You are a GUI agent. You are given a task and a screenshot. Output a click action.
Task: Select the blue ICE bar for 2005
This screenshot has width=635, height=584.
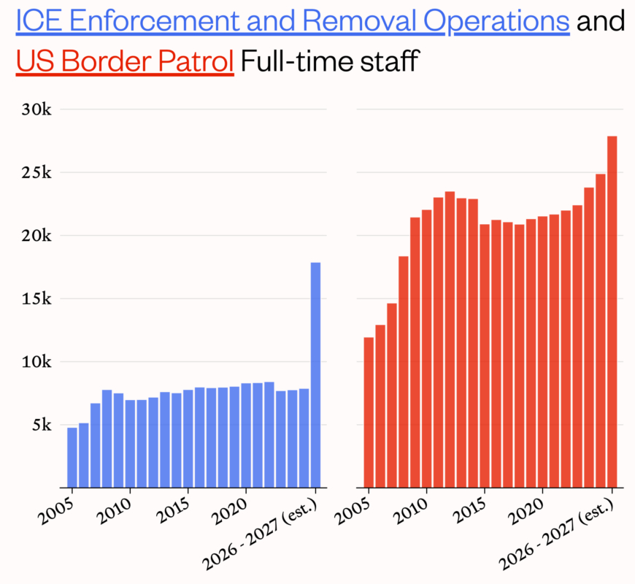coord(72,457)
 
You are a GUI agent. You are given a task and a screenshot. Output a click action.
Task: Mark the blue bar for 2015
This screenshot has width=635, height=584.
coord(188,438)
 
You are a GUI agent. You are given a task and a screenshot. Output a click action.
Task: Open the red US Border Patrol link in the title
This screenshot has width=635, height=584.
coord(124,61)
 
